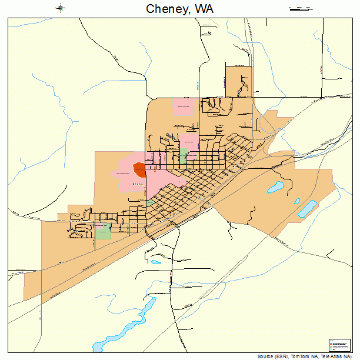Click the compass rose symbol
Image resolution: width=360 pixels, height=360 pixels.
[x=61, y=8]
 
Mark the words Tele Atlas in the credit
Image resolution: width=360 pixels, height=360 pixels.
[x=332, y=356]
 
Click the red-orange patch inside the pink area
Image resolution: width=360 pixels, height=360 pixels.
[x=139, y=170]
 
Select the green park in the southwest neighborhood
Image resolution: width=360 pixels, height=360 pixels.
[x=103, y=231]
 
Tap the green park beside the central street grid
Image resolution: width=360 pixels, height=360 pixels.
[x=184, y=156]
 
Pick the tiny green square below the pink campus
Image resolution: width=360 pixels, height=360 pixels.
[x=151, y=202]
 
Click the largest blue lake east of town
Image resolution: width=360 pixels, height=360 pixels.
[x=306, y=208]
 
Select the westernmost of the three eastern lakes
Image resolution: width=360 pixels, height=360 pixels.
[x=275, y=188]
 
